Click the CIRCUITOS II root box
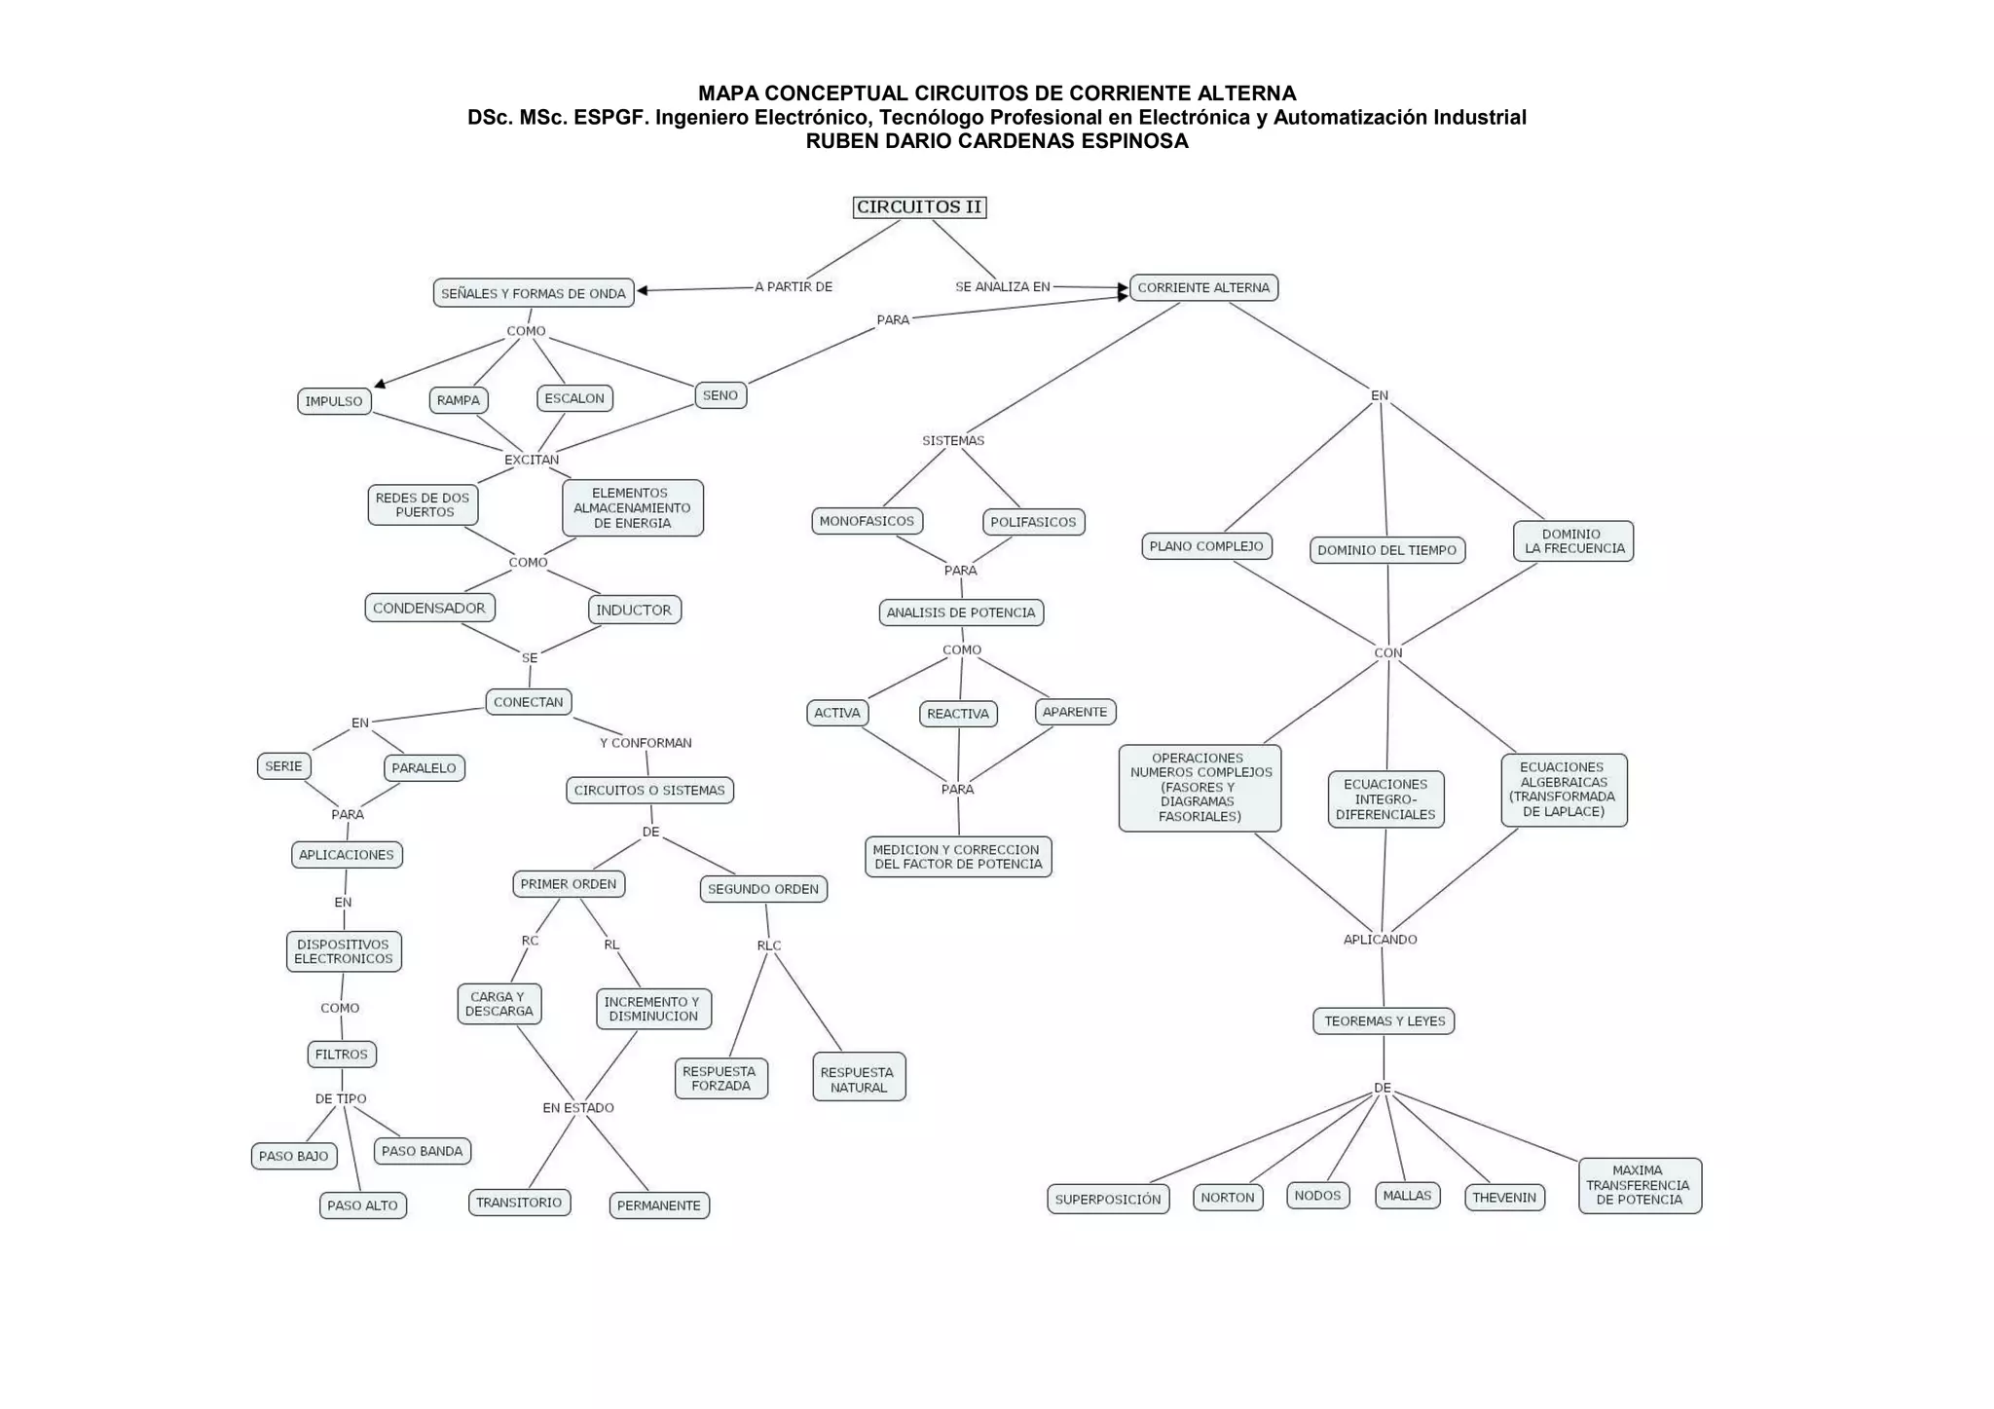point(919,207)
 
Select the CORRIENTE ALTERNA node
point(1203,287)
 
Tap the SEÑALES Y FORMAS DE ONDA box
point(534,293)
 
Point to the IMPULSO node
point(334,401)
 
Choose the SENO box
point(720,395)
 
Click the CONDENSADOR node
point(429,608)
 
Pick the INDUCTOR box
point(634,610)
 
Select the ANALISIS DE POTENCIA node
point(961,612)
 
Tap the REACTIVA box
point(958,714)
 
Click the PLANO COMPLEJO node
point(1206,546)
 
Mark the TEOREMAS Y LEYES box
point(1384,1020)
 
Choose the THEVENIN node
point(1504,1197)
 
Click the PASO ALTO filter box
point(362,1205)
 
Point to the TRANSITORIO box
point(519,1203)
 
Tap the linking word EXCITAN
point(532,460)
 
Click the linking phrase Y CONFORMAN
point(646,743)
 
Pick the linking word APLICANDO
point(1381,940)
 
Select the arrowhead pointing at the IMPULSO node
point(381,385)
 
